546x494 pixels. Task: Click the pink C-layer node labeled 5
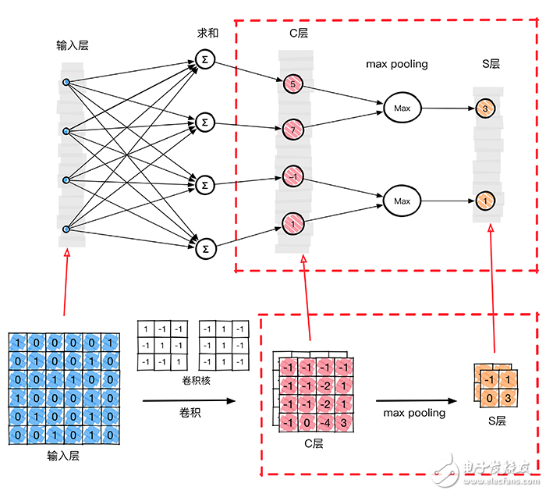[x=292, y=84]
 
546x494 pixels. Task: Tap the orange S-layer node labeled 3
[x=484, y=109]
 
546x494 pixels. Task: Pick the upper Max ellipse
[x=402, y=107]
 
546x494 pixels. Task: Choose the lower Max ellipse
[x=402, y=201]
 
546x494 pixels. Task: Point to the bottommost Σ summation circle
[x=205, y=248]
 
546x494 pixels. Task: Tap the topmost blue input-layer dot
[x=66, y=82]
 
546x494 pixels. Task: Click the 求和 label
[x=209, y=35]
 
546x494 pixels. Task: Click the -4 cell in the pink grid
[x=326, y=423]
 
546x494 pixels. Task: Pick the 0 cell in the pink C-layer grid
[x=309, y=423]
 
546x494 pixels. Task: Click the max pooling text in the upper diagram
[x=397, y=64]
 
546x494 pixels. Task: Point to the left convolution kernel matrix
[x=162, y=347]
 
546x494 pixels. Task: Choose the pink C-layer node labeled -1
[x=292, y=177]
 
